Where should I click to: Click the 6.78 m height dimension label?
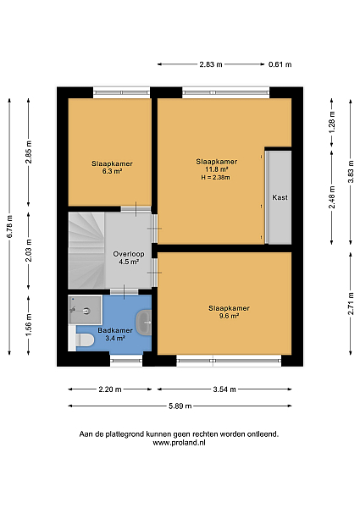point(9,226)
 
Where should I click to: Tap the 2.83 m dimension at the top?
point(211,64)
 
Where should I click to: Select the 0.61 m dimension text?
point(280,64)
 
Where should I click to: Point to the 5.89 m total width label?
point(180,406)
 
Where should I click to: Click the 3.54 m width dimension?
point(224,389)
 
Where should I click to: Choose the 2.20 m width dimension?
point(110,389)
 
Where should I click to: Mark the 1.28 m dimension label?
point(332,122)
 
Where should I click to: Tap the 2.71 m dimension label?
point(351,304)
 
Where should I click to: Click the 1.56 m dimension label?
point(29,324)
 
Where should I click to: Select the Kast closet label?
point(280,197)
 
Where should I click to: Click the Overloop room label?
point(129,254)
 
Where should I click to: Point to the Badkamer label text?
point(115,330)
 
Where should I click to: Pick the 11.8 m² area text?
point(217,169)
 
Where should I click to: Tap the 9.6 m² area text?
point(229,316)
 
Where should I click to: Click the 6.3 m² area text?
point(112,171)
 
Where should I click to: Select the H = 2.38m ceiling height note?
point(215,178)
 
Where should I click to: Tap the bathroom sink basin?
point(144,323)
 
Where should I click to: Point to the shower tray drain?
point(86,311)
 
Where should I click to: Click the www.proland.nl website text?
point(179,443)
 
